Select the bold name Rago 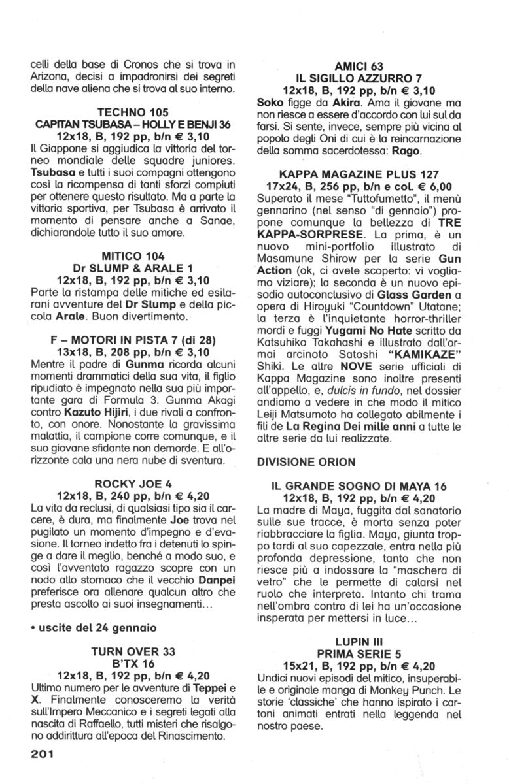tap(406, 150)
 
